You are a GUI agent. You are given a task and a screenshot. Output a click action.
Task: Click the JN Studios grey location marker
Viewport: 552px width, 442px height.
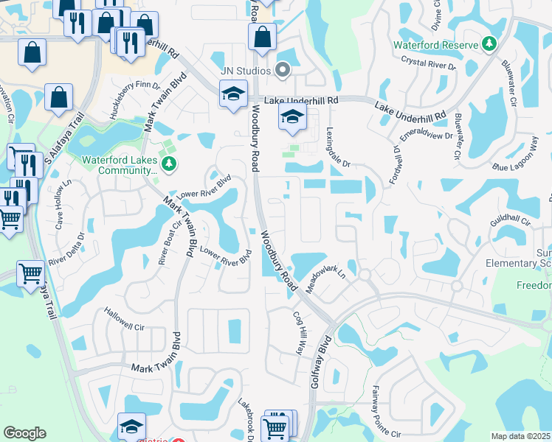pos(282,71)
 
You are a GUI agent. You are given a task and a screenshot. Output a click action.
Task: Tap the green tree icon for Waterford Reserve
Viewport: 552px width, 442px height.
pos(489,45)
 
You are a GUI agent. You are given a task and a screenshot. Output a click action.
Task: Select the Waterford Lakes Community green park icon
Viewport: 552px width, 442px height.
pos(169,162)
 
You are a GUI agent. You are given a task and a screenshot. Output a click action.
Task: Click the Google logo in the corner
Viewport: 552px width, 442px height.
pos(24,433)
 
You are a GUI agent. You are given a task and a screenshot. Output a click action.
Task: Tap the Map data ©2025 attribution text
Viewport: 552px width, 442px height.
pos(520,436)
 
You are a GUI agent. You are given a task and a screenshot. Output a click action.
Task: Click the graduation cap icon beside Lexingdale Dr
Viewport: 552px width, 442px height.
pos(292,116)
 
